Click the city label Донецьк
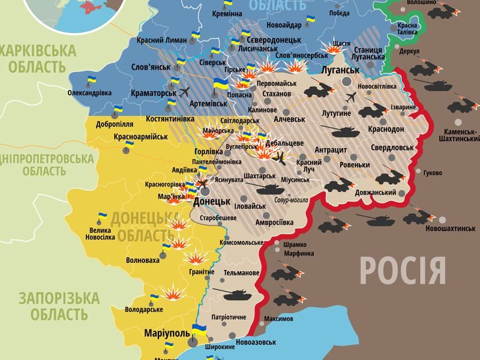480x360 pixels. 212,202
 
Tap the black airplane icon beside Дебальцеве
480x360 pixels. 279,157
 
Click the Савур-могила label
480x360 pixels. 292,200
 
